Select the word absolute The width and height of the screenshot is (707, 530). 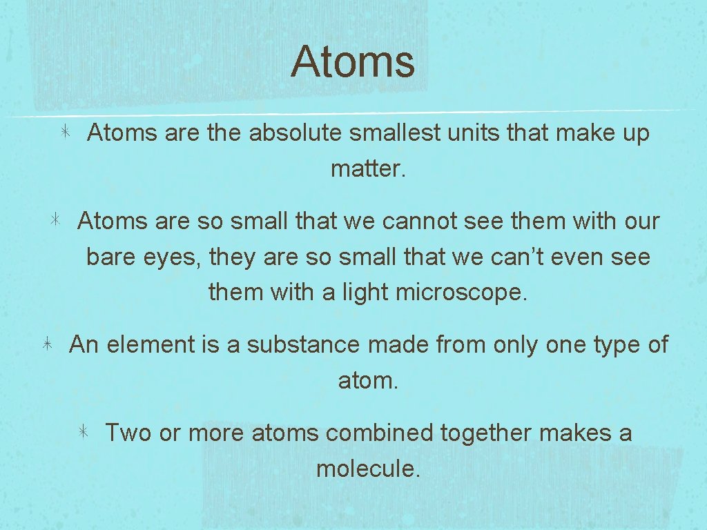tap(295, 133)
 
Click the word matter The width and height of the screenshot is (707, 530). tap(366, 168)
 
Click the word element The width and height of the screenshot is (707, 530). tap(151, 344)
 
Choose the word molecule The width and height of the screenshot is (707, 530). tap(367, 469)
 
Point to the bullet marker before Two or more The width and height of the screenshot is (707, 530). tap(82, 433)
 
